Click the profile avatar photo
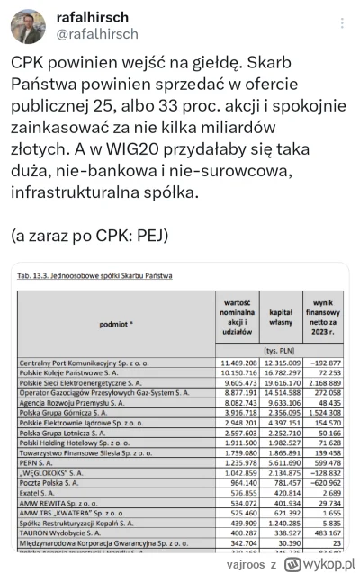(x=28, y=26)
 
